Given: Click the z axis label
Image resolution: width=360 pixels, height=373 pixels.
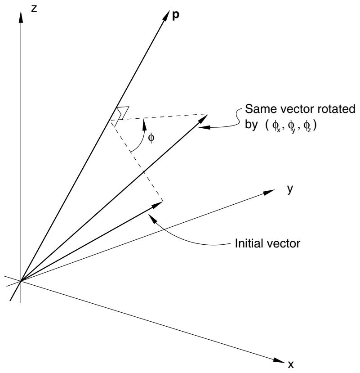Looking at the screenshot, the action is click(34, 9).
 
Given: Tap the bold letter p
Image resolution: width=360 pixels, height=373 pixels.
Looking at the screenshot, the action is click(175, 16).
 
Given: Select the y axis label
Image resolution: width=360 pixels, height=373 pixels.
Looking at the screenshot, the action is click(290, 189).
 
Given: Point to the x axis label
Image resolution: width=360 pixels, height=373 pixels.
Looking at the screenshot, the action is click(291, 364).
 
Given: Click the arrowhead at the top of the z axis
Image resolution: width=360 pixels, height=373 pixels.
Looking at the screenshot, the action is click(21, 17).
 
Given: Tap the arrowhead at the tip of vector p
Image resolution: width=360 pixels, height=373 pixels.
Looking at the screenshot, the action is click(166, 16).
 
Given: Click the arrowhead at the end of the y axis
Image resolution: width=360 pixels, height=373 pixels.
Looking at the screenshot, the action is click(269, 192).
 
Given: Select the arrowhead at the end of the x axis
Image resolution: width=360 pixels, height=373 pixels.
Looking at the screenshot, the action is click(279, 360).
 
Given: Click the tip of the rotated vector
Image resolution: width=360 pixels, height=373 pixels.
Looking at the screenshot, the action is click(208, 114).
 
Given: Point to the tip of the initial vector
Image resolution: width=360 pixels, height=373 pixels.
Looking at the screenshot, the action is click(163, 202).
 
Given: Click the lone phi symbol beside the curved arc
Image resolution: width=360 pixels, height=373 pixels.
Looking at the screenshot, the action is click(151, 138).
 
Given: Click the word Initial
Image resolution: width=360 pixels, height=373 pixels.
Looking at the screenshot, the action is click(248, 243).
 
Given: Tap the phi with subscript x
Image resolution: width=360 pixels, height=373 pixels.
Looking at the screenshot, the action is click(276, 126).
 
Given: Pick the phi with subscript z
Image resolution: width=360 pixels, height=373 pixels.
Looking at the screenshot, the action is click(307, 126).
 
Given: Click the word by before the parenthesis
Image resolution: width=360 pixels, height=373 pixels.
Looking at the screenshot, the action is click(251, 125).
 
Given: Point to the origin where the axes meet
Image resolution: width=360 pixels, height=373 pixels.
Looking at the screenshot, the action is click(21, 281).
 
